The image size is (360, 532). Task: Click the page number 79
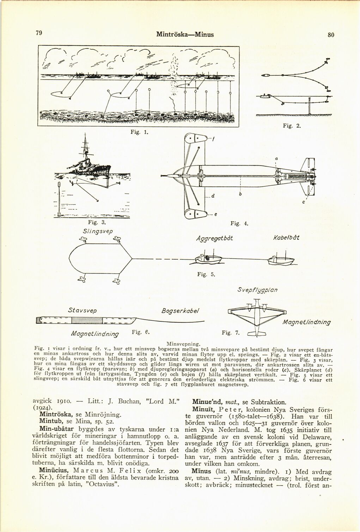click(39, 33)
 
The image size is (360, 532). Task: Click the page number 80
click(330, 35)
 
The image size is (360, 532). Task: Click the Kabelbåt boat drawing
click(281, 260)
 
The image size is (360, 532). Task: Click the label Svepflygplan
click(257, 290)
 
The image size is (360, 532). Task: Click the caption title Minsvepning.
click(184, 342)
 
